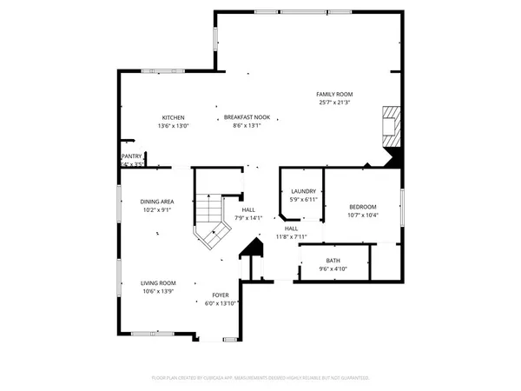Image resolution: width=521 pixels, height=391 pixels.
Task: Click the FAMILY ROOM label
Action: tap(333, 94)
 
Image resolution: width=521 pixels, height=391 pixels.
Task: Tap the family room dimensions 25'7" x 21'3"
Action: tap(333, 103)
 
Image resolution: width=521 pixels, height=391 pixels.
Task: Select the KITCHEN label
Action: tap(173, 117)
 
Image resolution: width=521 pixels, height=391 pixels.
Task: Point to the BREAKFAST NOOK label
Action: tap(247, 117)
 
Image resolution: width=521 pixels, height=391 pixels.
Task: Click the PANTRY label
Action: tap(131, 156)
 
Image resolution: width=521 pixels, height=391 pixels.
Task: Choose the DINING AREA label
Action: tap(157, 201)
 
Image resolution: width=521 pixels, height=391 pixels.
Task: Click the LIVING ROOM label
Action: tap(158, 282)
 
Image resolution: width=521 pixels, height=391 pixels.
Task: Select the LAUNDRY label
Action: tap(303, 191)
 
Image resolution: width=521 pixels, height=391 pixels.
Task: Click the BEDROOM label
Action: tap(362, 206)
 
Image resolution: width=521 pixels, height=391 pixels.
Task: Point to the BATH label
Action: tap(333, 260)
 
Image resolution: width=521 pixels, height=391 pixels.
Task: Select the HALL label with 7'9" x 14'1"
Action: tap(248, 209)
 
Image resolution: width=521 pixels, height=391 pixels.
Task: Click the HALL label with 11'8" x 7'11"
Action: tap(291, 228)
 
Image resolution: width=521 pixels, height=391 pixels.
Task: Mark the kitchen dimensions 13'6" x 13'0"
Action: tap(173, 126)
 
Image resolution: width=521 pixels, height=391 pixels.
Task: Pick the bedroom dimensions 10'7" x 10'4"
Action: tap(362, 215)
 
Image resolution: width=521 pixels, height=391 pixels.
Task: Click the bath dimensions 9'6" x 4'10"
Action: tap(333, 268)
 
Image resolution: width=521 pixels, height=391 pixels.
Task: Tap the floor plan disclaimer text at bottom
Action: tap(260, 378)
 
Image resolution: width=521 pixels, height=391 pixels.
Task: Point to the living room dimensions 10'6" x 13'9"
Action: tap(158, 291)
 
